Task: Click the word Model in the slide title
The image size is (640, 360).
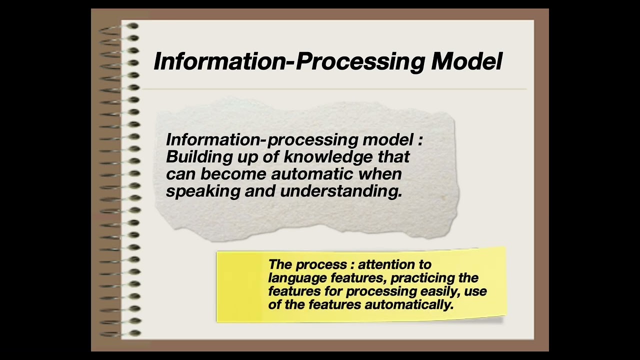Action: (x=466, y=61)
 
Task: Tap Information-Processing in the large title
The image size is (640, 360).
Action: (x=288, y=61)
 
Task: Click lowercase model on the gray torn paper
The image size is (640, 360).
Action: (x=388, y=139)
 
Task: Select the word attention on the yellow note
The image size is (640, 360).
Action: (x=394, y=264)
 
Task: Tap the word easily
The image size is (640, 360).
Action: (x=443, y=291)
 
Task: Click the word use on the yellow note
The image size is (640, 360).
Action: (x=476, y=291)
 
